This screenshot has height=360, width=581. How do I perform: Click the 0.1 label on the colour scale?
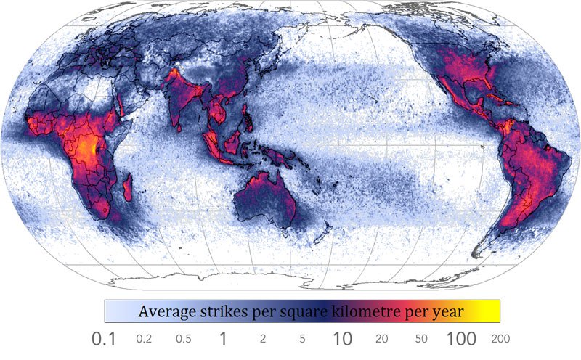click(105, 338)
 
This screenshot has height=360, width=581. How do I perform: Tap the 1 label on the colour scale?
click(224, 338)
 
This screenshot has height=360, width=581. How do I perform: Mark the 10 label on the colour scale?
click(343, 338)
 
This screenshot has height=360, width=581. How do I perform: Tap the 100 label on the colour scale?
click(461, 338)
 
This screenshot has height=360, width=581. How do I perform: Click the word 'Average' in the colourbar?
click(168, 312)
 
